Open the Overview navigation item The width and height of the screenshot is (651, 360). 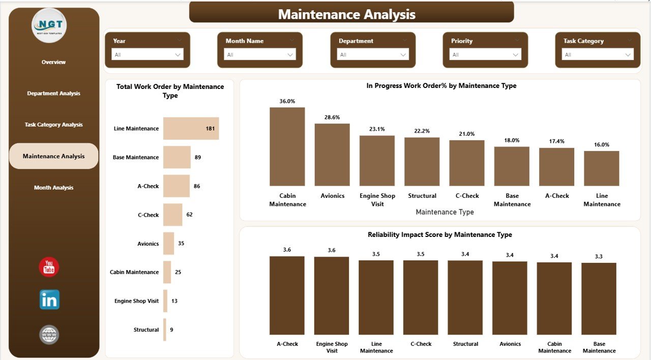[53, 62]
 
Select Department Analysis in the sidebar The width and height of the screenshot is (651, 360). [53, 94]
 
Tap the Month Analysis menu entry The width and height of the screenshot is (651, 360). [53, 188]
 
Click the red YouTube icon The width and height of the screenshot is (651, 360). [49, 267]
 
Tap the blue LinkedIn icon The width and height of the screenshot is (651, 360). [49, 300]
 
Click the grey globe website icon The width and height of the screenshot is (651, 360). [49, 335]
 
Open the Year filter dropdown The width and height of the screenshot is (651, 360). [147, 55]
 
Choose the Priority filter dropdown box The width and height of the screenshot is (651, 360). [485, 55]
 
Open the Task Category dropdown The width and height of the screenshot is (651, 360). [597, 55]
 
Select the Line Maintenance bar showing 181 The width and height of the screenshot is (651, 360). [191, 129]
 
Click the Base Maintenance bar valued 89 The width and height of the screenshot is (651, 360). [176, 157]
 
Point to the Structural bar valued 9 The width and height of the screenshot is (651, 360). [165, 329]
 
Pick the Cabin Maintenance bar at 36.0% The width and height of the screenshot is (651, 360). [287, 146]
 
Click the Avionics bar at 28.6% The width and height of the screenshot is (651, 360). [332, 155]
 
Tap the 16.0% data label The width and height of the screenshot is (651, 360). [602, 145]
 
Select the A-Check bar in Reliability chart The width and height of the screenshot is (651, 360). [287, 295]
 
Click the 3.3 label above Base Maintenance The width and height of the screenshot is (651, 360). [599, 257]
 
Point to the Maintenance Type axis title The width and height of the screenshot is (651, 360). [445, 212]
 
